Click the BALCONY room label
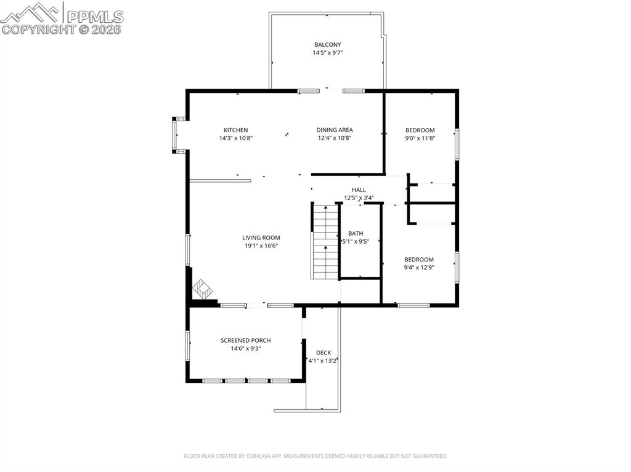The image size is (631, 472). click(327, 45)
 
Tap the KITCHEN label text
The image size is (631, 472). click(235, 130)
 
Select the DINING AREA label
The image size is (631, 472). click(335, 130)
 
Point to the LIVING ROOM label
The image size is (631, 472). click(261, 238)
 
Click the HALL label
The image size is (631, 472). click(359, 190)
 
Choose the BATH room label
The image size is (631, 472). click(356, 234)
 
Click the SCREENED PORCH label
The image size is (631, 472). click(245, 341)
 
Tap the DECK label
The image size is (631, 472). click(324, 353)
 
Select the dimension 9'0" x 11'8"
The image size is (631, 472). click(420, 138)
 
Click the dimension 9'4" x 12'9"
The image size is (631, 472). click(419, 268)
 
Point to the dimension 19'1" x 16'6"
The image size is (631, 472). click(261, 246)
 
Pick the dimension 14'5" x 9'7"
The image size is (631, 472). click(327, 53)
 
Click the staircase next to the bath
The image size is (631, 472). click(325, 242)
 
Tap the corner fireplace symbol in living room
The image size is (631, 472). click(202, 288)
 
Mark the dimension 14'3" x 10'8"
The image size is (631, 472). click(235, 138)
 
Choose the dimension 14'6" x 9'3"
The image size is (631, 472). click(245, 349)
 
